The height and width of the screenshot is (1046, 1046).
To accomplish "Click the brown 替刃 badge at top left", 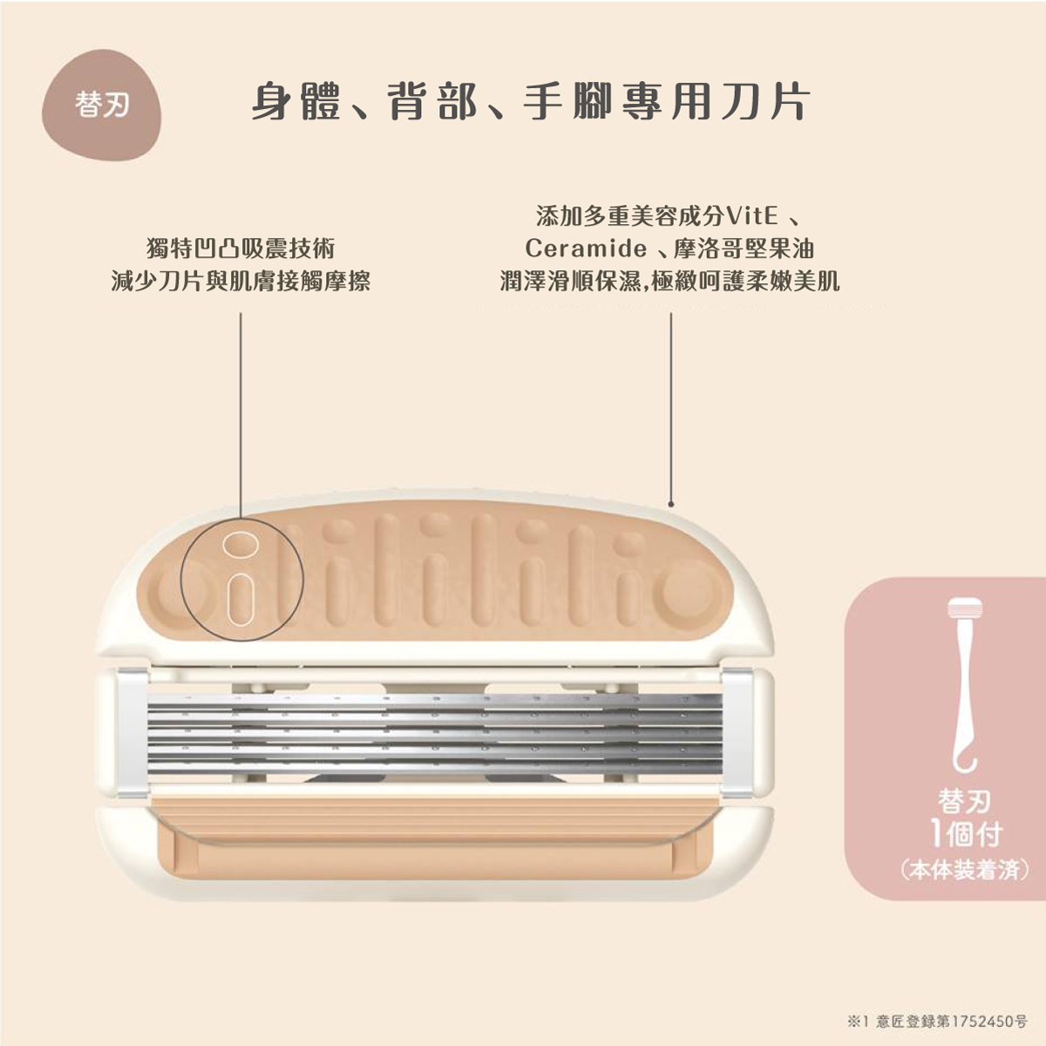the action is click(x=102, y=105).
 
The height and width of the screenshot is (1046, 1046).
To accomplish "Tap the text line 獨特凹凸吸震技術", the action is click(x=241, y=248).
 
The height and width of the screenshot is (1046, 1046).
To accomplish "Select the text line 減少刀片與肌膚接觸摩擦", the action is click(x=241, y=281).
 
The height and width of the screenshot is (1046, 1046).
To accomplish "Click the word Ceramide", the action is click(x=586, y=249).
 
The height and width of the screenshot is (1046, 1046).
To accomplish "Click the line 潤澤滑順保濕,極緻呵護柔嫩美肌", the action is click(x=669, y=281).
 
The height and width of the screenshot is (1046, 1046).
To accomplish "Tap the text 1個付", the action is click(x=965, y=834).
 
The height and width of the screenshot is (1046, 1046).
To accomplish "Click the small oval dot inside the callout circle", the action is click(x=236, y=544).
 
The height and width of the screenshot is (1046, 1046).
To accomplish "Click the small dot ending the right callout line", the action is click(x=670, y=503).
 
